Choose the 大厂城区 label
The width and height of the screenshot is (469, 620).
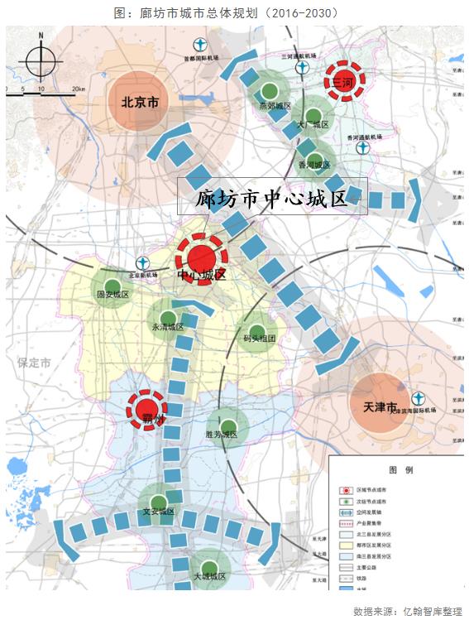click(x=313, y=125)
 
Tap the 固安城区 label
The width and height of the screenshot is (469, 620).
click(x=113, y=294)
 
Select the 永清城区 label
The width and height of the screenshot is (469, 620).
click(x=167, y=327)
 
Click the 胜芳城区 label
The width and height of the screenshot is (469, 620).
click(x=221, y=435)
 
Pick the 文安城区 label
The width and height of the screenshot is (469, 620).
click(x=158, y=512)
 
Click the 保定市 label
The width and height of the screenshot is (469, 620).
click(x=35, y=363)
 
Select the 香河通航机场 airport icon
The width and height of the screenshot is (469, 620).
click(x=362, y=149)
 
